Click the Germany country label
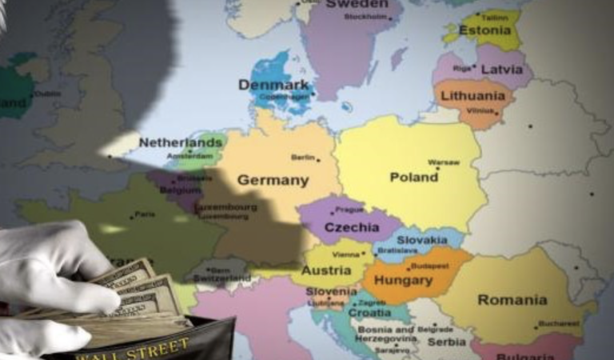273,180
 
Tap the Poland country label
413,177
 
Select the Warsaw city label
444,162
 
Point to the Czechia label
352,228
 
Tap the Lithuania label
473,95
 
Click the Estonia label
486,31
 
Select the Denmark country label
273,84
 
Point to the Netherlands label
181,142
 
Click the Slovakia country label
421,239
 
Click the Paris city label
144,214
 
